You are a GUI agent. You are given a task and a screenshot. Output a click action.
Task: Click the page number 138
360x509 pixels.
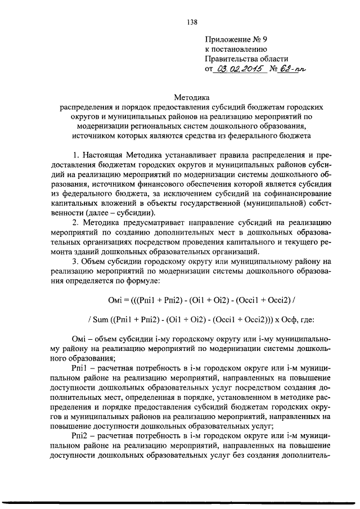[191, 22]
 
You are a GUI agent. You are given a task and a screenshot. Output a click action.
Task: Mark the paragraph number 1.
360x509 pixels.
[76, 154]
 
